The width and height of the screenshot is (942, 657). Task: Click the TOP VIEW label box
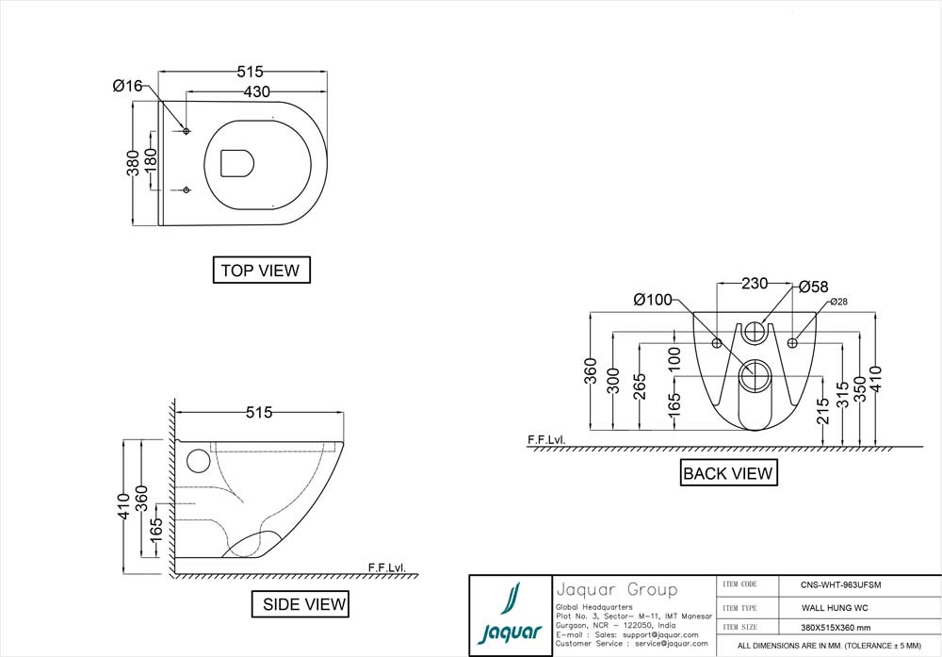[260, 270]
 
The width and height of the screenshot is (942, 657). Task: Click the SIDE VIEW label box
[300, 603]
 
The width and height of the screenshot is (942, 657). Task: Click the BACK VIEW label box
[728, 472]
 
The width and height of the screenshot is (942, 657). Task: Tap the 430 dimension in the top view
[257, 91]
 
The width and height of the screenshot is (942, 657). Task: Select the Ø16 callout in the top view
[127, 86]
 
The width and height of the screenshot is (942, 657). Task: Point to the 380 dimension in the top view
[134, 162]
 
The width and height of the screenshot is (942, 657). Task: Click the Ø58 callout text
[813, 286]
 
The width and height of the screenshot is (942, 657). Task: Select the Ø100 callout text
[653, 300]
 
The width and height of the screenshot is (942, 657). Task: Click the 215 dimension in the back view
[823, 411]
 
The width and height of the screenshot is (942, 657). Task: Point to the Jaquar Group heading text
[616, 589]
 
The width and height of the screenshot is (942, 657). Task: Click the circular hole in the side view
[197, 461]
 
